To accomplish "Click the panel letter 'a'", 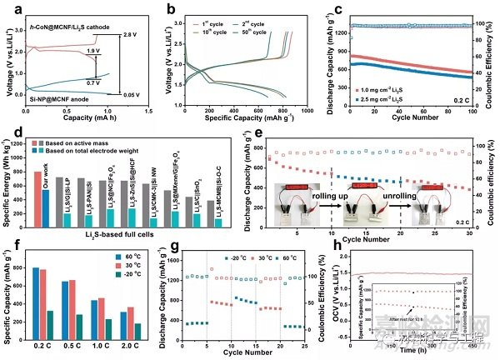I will point(7,9).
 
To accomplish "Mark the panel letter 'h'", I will point(338,246).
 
